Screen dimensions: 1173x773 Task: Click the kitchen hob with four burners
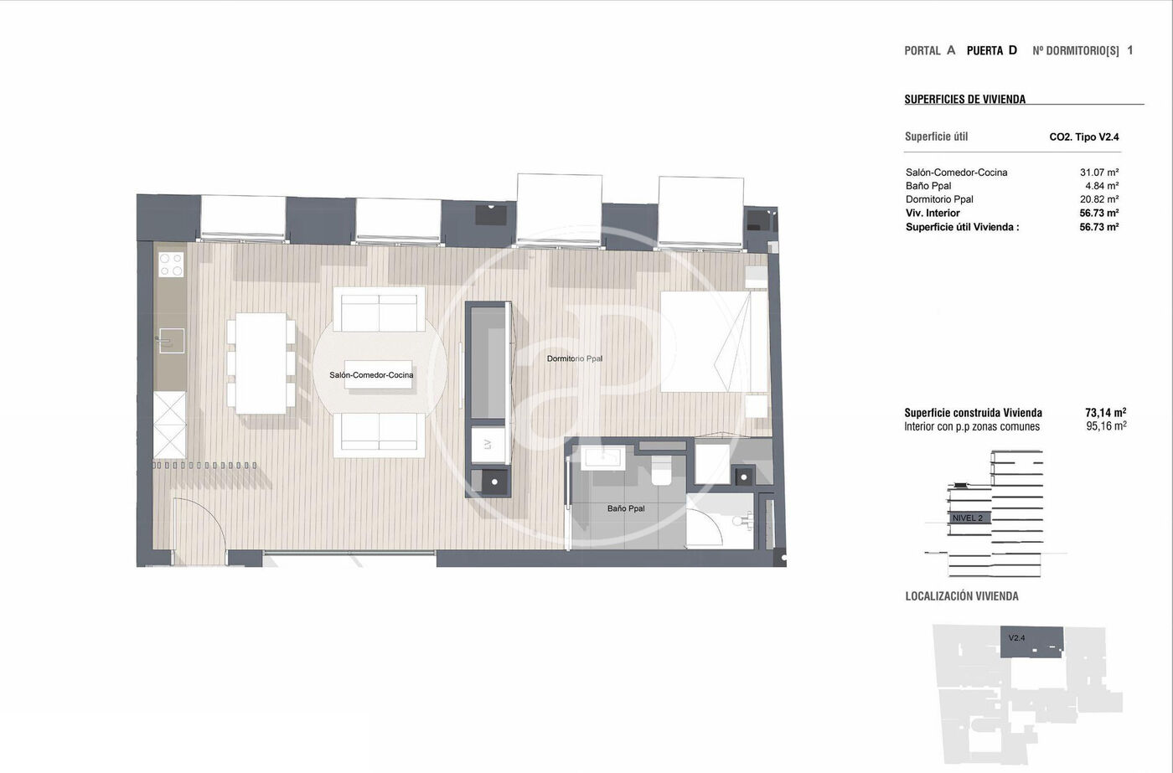tap(171, 265)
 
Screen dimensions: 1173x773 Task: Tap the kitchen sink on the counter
tap(171, 341)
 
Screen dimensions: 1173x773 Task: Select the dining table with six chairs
tap(261, 363)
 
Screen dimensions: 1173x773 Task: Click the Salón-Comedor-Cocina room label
tap(371, 374)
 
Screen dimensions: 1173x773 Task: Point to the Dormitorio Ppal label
tap(575, 358)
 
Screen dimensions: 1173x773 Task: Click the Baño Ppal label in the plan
tap(626, 508)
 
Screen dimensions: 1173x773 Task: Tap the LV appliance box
tap(488, 445)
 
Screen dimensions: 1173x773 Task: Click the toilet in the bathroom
tap(661, 470)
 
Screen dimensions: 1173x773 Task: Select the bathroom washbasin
tap(602, 458)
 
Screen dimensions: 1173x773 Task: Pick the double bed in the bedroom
tap(714, 341)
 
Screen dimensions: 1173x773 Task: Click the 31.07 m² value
tap(1099, 173)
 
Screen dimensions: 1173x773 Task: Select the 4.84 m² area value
tap(1102, 186)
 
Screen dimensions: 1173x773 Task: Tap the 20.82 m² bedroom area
tap(1099, 199)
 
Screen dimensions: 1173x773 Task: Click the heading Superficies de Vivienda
tap(964, 99)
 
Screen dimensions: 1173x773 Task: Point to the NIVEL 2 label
tap(967, 518)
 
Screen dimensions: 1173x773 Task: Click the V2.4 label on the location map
tap(1016, 638)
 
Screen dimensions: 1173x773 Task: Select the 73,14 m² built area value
tap(1106, 412)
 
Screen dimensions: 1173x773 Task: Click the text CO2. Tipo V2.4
tap(1084, 137)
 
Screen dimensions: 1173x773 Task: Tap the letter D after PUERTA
tap(1013, 50)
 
